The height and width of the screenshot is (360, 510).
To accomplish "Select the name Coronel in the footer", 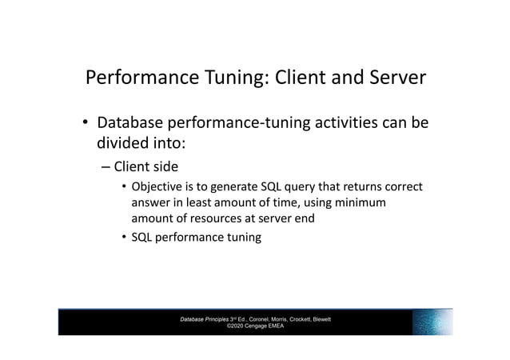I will pyautogui.click(x=265, y=319).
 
